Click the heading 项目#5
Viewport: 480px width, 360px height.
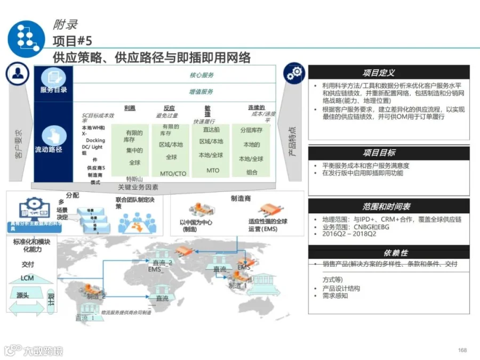pyautogui.click(x=72, y=41)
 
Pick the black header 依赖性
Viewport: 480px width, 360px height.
pyautogui.click(x=389, y=252)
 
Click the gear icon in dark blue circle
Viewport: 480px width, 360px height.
pyautogui.click(x=293, y=75)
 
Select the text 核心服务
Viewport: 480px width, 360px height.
pyautogui.click(x=202, y=75)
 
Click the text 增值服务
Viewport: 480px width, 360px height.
pyautogui.click(x=202, y=92)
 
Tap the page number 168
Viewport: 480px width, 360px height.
pyautogui.click(x=462, y=350)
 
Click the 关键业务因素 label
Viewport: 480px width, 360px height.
pyautogui.click(x=138, y=187)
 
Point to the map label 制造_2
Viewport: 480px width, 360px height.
pyautogui.click(x=96, y=297)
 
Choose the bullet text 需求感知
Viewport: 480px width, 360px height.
pyautogui.click(x=335, y=295)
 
